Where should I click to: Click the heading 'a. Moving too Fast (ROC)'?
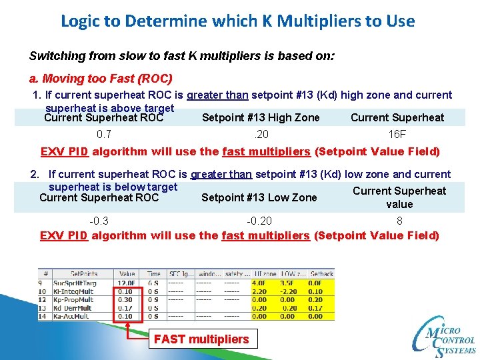pyautogui.click(x=101, y=78)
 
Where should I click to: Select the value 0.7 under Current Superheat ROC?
pyautogui.click(x=103, y=134)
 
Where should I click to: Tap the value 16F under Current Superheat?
pyautogui.click(x=397, y=134)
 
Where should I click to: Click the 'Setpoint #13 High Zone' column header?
pyautogui.click(x=261, y=118)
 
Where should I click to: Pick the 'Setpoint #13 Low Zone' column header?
pyautogui.click(x=259, y=197)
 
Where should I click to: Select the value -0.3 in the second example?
pyautogui.click(x=99, y=221)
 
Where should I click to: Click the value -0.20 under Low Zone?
pyautogui.click(x=259, y=221)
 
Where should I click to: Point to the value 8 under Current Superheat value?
pyautogui.click(x=399, y=221)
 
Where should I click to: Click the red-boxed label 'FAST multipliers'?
pyautogui.click(x=201, y=339)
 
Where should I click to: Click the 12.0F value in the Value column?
pyautogui.click(x=126, y=283)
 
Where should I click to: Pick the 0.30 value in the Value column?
pyautogui.click(x=125, y=299)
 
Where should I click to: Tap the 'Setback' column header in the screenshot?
pyautogui.click(x=322, y=273)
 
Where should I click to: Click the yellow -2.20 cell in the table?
pyautogui.click(x=288, y=291)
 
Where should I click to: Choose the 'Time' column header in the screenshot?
pyautogui.click(x=153, y=273)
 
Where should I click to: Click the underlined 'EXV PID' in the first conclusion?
pyautogui.click(x=64, y=151)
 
